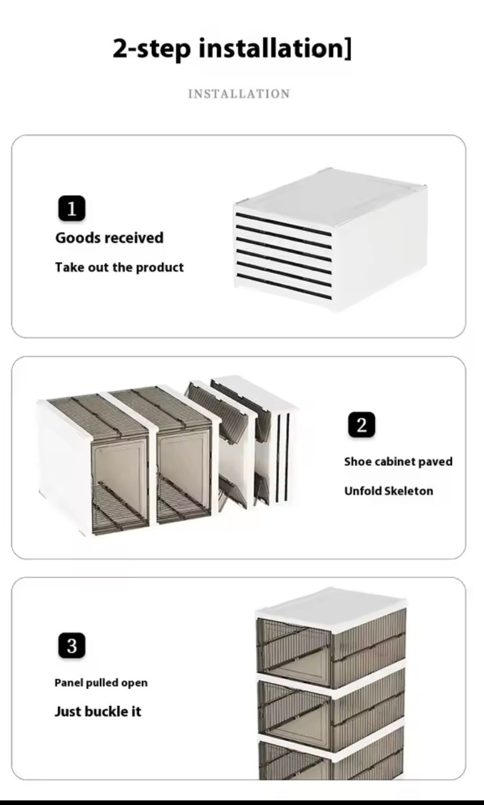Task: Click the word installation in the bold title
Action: tap(270, 49)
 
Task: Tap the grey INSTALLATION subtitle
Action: tap(239, 94)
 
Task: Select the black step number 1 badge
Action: tap(72, 208)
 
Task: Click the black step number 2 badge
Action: tap(361, 425)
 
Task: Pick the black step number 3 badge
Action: tap(72, 646)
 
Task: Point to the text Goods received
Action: tap(109, 238)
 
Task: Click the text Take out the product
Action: tap(119, 268)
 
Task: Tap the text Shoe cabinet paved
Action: tap(398, 462)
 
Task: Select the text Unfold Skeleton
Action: tap(388, 491)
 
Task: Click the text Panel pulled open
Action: tap(101, 683)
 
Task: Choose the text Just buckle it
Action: tap(98, 712)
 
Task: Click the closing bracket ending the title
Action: tap(348, 49)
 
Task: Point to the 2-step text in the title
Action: tap(152, 49)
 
